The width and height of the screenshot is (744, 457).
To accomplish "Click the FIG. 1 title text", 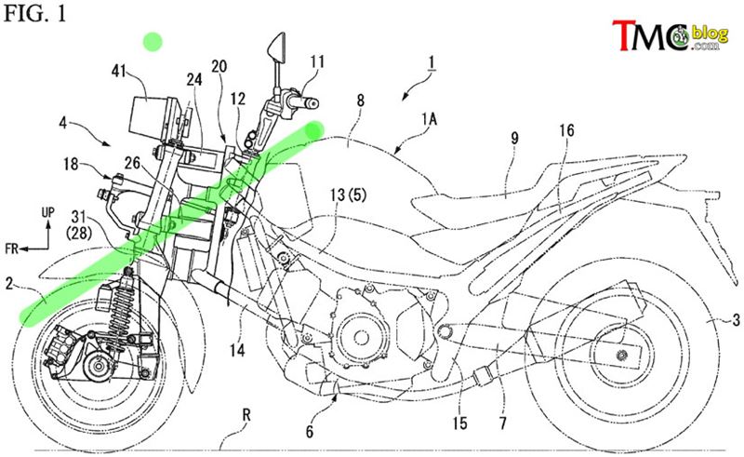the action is tap(34, 13).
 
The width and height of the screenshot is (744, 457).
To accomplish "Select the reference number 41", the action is tap(120, 73).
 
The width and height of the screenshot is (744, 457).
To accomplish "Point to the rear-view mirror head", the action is tap(276, 47).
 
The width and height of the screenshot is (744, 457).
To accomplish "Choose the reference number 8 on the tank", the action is tap(361, 101).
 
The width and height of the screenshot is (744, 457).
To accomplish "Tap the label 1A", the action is tap(430, 119).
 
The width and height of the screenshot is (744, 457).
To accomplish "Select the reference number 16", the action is tap(566, 129).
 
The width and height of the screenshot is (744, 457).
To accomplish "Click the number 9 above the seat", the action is tap(514, 139).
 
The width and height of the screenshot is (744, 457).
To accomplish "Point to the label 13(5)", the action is tap(349, 195).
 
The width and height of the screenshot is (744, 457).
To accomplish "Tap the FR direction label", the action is tap(11, 249).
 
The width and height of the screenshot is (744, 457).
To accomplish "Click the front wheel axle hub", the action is tap(99, 366).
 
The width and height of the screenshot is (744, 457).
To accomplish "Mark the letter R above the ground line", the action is tap(246, 415).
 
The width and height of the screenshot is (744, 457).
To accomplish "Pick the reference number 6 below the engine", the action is tap(310, 431).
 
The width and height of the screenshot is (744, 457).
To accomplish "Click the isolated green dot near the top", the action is tap(153, 42).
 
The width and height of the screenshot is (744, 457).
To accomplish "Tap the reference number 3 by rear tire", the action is tap(736, 319).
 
